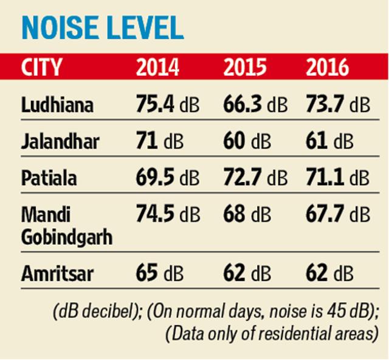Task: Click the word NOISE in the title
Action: tap(60, 27)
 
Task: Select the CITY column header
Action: tap(41, 67)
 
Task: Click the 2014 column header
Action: tap(157, 67)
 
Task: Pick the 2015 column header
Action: tap(245, 67)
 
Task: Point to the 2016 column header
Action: tap(328, 67)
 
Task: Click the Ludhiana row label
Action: tap(57, 104)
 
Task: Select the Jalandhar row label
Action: tap(60, 141)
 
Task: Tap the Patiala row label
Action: tap(49, 178)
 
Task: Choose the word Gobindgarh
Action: tap(67, 237)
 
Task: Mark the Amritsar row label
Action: tap(57, 274)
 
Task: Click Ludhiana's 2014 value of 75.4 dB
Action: tap(168, 104)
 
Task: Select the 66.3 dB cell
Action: tap(255, 104)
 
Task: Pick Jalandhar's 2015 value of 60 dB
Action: tap(247, 141)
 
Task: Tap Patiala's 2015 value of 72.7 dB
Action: tap(255, 178)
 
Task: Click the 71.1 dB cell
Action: tap(338, 178)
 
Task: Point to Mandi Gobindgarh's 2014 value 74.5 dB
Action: tap(168, 214)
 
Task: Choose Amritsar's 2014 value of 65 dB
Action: tap(160, 274)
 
